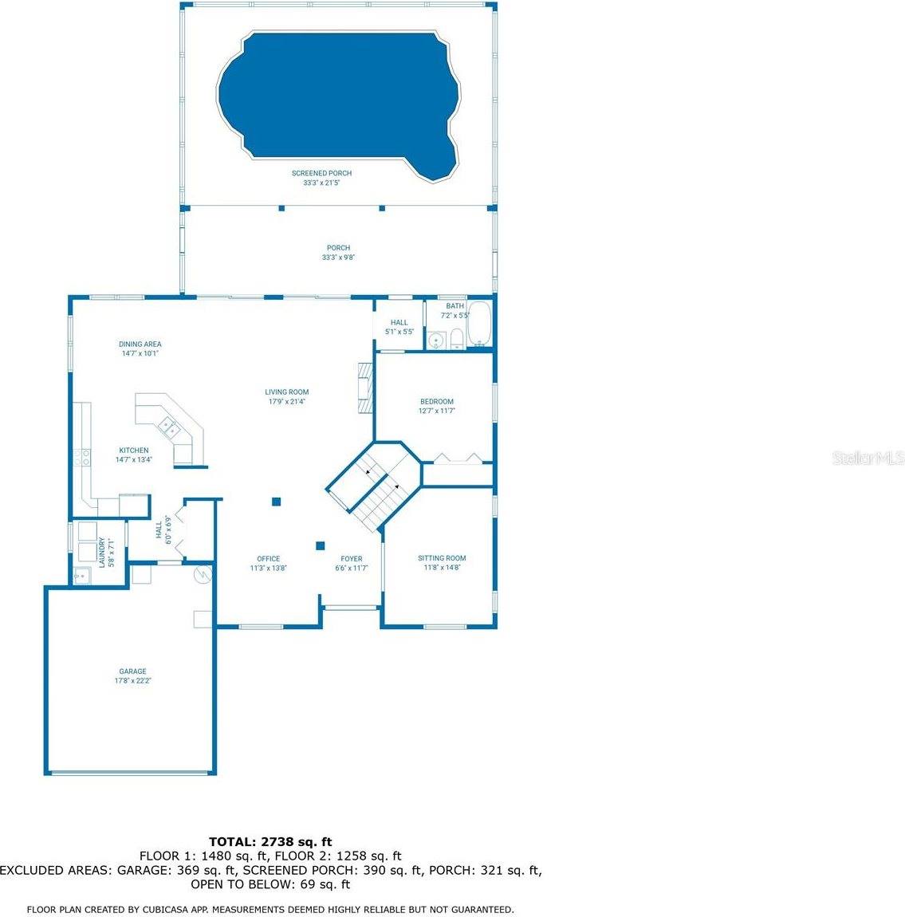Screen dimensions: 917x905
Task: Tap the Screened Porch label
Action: point(321,178)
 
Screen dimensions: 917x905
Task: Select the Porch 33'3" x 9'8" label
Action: point(338,253)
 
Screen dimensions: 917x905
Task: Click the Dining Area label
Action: point(140,348)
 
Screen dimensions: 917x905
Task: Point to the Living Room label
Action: point(287,396)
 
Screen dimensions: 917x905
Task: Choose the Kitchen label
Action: point(134,455)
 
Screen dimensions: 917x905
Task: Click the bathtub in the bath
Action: point(479,325)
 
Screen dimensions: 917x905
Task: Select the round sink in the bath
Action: point(435,340)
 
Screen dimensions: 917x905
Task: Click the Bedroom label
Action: point(437,406)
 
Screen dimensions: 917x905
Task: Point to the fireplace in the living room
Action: point(364,388)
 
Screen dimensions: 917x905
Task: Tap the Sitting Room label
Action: point(442,563)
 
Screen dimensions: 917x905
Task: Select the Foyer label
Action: point(351,564)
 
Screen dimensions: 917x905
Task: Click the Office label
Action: point(268,564)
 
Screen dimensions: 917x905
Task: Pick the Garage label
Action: point(132,676)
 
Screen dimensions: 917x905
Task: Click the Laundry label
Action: point(106,552)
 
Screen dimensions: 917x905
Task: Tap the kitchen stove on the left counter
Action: point(82,457)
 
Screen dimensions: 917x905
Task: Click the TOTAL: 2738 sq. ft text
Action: point(270,841)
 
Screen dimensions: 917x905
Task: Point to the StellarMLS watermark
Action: point(868,458)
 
